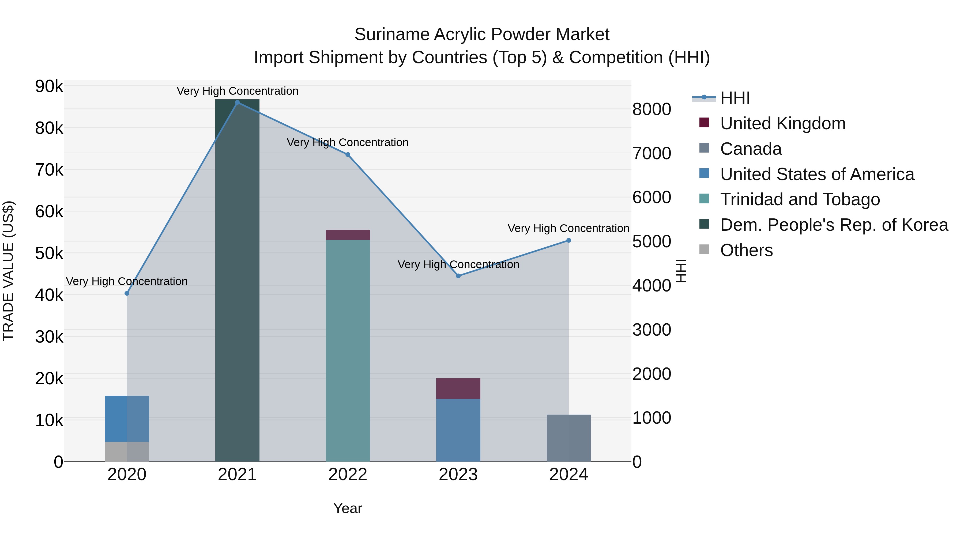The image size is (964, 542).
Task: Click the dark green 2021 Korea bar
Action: coord(237,281)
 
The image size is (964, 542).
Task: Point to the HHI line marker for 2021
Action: coord(237,103)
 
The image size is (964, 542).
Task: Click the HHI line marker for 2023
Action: coord(458,276)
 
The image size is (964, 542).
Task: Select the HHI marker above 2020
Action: coord(127,293)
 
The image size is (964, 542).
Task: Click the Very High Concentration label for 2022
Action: coord(348,142)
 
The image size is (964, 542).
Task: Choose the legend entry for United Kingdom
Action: coord(782,123)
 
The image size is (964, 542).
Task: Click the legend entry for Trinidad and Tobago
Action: coord(800,199)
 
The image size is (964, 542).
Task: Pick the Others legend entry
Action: coord(746,250)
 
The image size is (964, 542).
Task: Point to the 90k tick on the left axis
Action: coord(49,86)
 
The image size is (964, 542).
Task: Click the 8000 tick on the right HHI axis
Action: coord(652,109)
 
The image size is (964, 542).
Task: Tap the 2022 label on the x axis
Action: coord(348,475)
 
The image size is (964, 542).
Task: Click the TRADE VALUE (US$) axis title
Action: coord(9,271)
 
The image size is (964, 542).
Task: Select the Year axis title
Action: coord(348,508)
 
